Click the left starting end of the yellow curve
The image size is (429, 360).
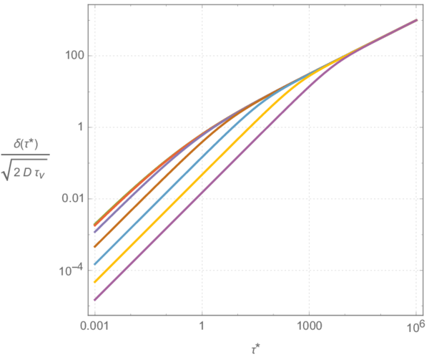94,281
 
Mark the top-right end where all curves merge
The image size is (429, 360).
417,20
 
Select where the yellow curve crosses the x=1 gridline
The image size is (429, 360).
202,174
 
